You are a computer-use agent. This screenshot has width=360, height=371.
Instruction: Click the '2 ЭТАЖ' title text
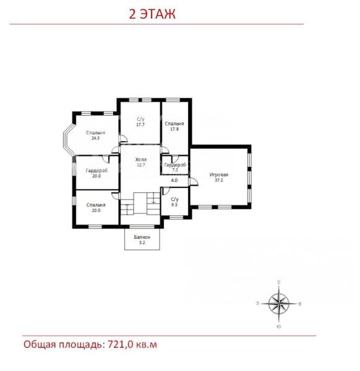152,14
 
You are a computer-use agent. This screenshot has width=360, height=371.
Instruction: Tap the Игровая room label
219,175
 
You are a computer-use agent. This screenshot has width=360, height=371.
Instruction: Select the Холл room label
141,160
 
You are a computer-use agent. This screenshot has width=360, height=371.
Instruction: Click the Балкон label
142,237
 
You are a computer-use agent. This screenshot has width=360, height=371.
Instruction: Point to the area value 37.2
219,181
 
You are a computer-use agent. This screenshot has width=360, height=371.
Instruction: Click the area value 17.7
140,125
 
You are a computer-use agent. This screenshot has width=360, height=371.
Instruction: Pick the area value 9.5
174,205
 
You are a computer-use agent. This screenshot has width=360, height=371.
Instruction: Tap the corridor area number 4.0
174,181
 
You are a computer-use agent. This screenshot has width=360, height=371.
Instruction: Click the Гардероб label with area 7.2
175,164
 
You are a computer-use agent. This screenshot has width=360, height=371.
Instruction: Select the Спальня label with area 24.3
96,133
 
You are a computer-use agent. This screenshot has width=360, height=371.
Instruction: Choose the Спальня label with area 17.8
174,124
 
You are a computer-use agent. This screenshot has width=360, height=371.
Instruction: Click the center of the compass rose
279,304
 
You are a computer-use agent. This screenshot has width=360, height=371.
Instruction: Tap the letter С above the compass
279,283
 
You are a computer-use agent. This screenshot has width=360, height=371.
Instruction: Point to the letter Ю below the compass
279,326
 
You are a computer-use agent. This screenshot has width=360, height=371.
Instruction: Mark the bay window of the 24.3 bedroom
69,139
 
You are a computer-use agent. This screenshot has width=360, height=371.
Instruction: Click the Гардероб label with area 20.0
96,171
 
